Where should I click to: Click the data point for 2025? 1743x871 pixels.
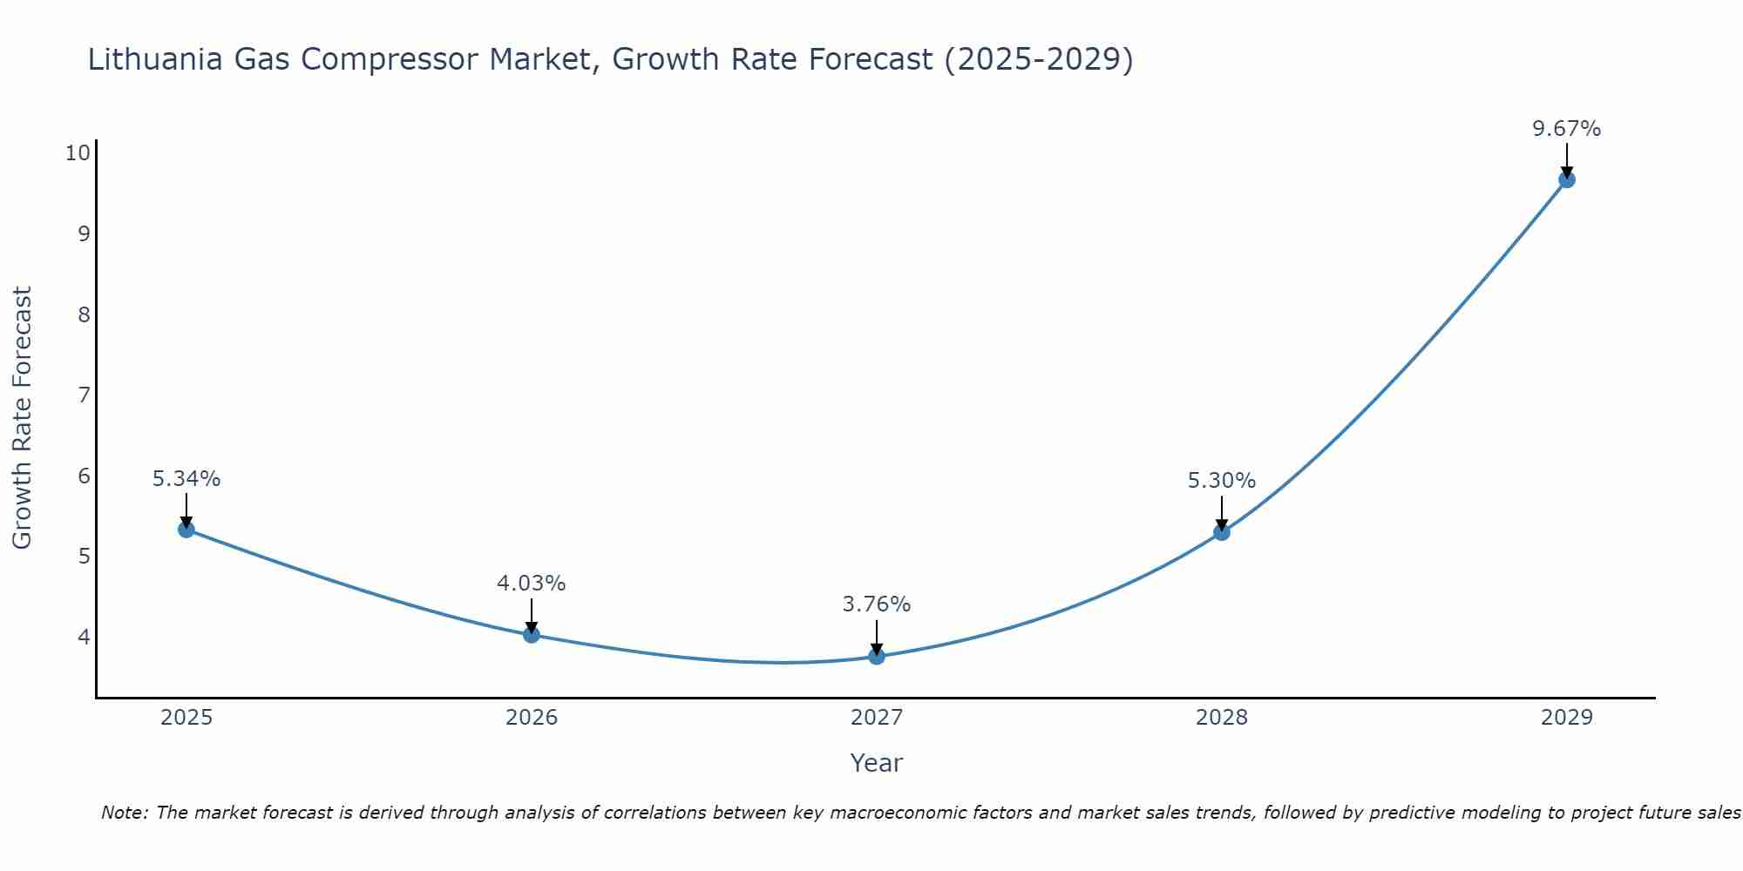click(x=187, y=529)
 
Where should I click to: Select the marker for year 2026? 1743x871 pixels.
click(x=532, y=634)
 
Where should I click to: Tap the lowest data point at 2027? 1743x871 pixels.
click(x=877, y=656)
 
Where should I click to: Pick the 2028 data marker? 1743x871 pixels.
click(x=1222, y=532)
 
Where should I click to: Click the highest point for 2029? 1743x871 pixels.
click(x=1567, y=179)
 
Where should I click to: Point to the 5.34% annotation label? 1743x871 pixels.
click(x=187, y=479)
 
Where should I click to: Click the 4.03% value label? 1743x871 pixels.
click(x=532, y=584)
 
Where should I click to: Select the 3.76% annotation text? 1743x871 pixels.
click(x=877, y=604)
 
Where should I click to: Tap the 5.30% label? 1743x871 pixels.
click(x=1222, y=481)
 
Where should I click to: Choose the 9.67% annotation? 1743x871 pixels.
click(x=1567, y=129)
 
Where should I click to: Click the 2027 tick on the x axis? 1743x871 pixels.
click(x=877, y=718)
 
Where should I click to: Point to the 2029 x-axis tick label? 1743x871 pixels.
click(x=1567, y=718)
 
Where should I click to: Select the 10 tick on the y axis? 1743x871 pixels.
click(x=78, y=153)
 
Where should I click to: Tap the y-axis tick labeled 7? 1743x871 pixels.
click(x=84, y=395)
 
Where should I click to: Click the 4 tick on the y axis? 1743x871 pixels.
click(x=84, y=637)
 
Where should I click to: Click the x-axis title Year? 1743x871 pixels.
click(x=877, y=763)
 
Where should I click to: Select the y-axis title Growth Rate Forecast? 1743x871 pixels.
click(x=22, y=417)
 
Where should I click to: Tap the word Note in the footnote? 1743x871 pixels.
click(x=125, y=813)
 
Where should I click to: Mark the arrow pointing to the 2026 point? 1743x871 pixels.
click(x=532, y=615)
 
